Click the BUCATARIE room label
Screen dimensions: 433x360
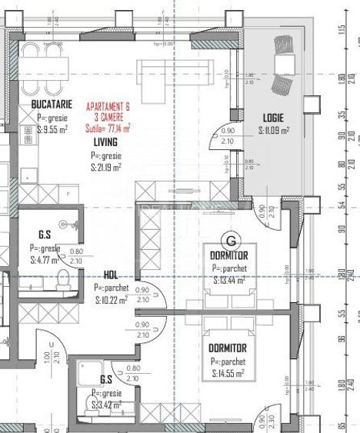52,103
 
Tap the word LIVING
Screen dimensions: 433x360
105,142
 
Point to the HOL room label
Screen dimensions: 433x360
111,275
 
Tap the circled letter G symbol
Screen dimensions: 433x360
228,240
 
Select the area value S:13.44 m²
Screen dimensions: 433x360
228,281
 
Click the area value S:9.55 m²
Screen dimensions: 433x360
52,130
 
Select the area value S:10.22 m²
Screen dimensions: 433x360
112,300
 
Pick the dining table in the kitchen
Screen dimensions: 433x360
43,61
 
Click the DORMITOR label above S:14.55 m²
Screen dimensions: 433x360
228,348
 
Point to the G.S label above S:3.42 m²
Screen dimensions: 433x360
105,379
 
